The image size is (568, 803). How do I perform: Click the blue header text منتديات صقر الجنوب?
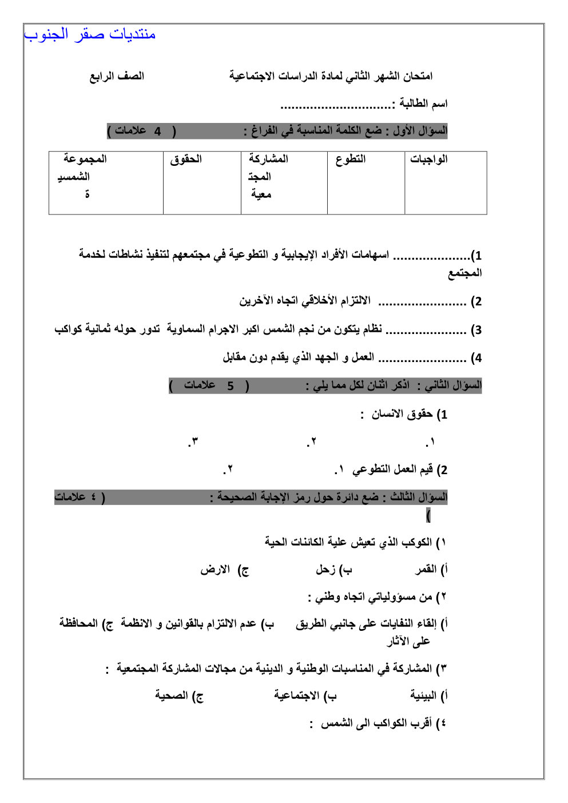(90, 34)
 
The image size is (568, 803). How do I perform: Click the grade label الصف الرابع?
(117, 76)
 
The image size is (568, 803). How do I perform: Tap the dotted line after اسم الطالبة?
(335, 106)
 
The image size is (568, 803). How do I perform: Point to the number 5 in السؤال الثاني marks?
(230, 386)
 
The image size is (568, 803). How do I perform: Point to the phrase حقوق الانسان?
(402, 414)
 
